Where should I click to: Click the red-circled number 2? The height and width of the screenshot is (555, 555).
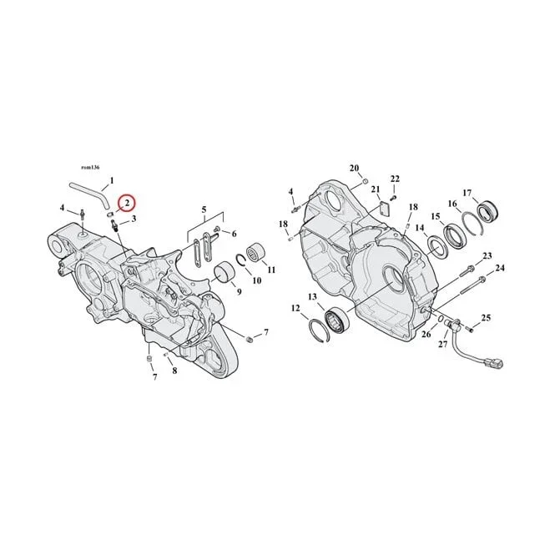point(127,203)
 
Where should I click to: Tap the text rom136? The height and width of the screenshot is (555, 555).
point(90,168)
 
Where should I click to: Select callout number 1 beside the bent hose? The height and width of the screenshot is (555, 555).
point(112,180)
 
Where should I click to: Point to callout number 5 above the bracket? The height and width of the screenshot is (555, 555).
point(204,209)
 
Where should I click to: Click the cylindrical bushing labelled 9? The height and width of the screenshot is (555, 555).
point(223,273)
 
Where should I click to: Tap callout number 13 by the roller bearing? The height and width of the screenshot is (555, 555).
point(312,296)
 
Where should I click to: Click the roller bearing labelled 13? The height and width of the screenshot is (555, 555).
point(337,320)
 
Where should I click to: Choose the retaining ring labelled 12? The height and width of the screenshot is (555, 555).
point(319,330)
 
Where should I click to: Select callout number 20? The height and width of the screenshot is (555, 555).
point(355,168)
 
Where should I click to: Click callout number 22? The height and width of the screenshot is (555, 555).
point(395,179)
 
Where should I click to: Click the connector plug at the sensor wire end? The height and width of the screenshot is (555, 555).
point(497,364)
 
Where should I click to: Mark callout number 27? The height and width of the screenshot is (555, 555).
point(443,344)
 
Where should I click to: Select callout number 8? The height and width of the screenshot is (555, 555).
point(174,371)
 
